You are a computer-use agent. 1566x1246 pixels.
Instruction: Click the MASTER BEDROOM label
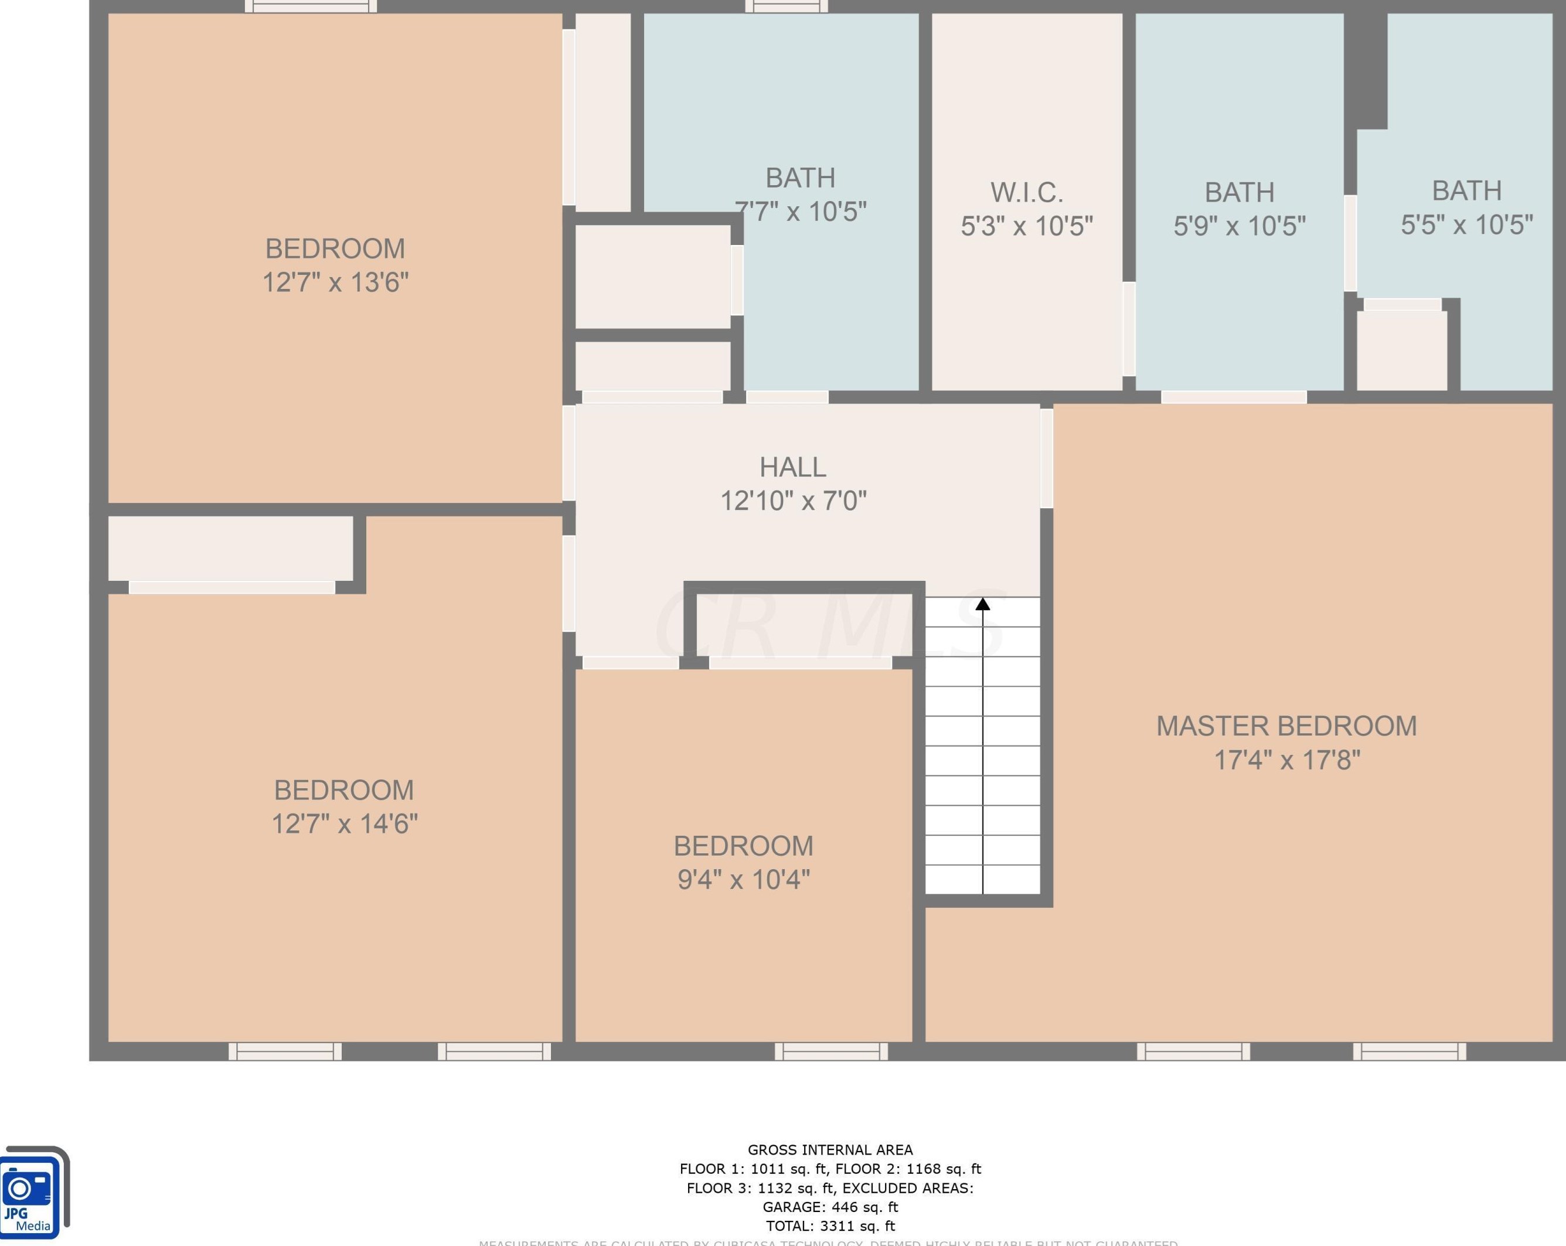click(1286, 726)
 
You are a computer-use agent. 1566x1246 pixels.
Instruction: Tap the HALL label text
click(792, 467)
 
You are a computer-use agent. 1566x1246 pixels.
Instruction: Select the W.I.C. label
click(1026, 193)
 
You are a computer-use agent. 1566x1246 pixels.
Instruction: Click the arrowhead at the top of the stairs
click(983, 604)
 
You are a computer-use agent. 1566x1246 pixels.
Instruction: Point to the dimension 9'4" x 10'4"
click(743, 880)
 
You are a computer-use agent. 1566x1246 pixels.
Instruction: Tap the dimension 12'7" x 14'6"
click(344, 824)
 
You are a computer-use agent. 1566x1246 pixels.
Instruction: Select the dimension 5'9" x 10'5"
click(1239, 226)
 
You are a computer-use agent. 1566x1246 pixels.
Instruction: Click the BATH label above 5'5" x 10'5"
click(1466, 190)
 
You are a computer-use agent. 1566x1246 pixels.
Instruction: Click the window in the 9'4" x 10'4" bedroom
click(831, 1051)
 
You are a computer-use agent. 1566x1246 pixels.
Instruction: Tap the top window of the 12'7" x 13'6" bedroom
click(311, 6)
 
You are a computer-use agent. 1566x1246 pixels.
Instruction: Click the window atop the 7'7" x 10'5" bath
click(787, 6)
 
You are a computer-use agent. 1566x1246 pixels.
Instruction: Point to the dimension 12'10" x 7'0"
click(792, 501)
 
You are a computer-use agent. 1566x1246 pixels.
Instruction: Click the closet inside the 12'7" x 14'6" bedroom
click(230, 548)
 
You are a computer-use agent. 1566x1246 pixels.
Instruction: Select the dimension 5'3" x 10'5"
click(1026, 226)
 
